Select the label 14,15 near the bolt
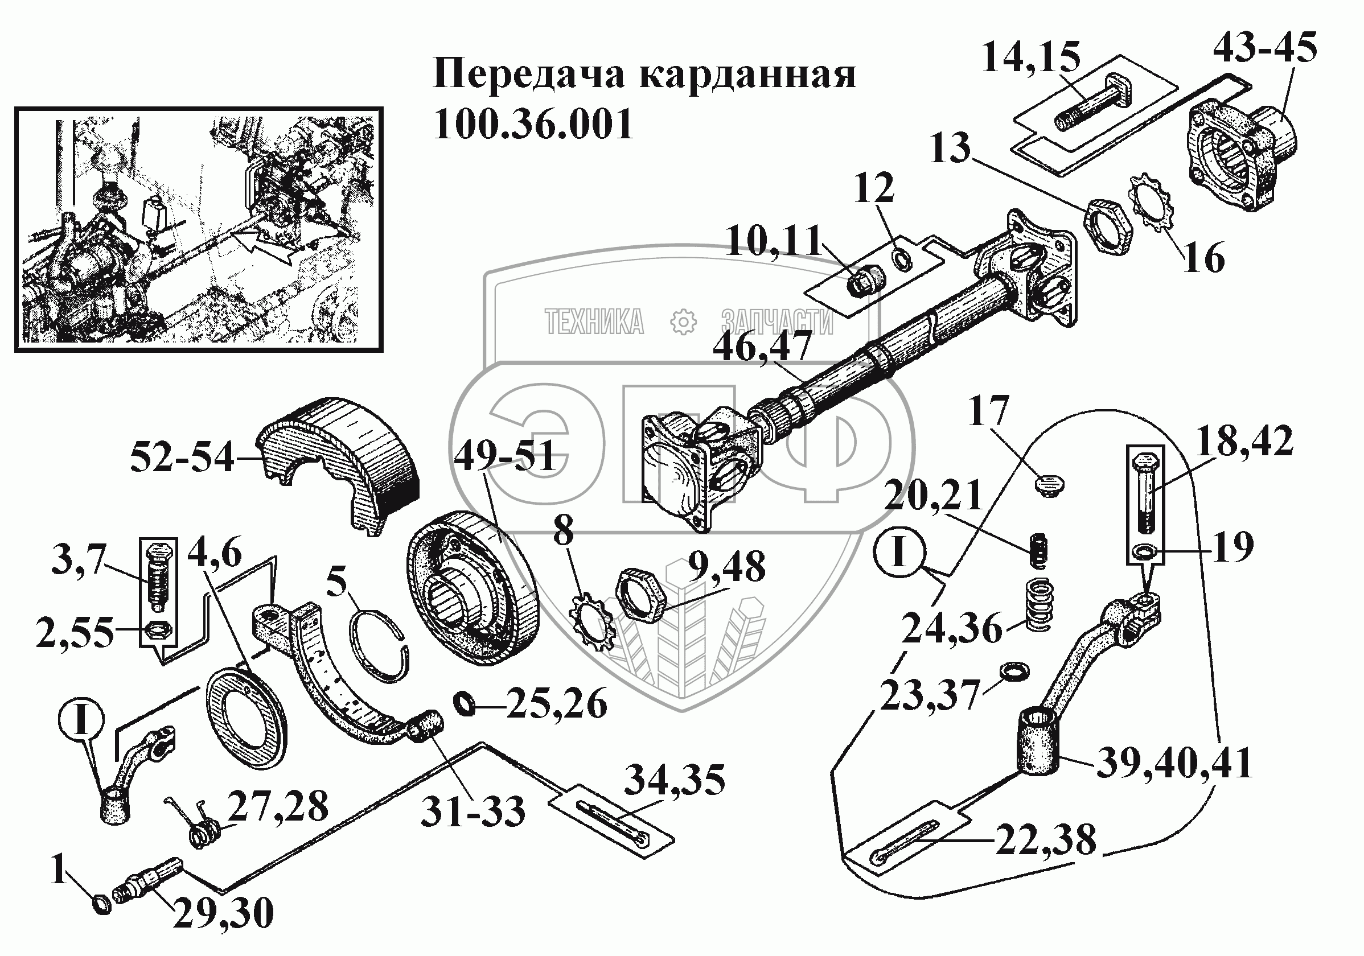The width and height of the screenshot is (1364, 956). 1031,57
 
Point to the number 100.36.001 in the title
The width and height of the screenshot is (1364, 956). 533,124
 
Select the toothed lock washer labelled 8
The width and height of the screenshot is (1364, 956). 592,623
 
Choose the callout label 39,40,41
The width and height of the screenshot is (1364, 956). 1174,764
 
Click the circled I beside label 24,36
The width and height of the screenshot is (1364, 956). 899,551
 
